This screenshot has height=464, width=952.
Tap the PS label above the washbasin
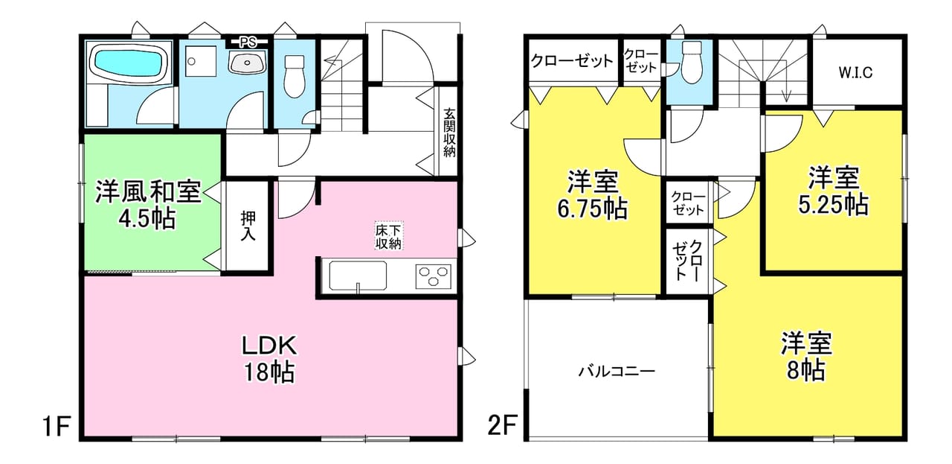(248, 42)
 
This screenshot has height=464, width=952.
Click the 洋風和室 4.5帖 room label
(148, 205)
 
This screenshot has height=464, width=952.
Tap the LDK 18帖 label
(269, 359)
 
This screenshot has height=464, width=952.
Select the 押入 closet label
(248, 226)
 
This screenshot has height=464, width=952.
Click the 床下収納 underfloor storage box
(388, 235)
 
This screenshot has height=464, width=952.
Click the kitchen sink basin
(358, 276)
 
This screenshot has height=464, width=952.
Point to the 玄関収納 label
(449, 133)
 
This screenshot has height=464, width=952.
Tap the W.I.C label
(855, 73)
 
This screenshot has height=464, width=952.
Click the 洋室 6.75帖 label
(593, 194)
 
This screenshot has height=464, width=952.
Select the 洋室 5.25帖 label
(833, 191)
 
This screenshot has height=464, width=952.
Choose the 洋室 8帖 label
(805, 356)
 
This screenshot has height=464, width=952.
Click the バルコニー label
(617, 372)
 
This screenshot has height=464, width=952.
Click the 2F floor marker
(502, 426)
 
